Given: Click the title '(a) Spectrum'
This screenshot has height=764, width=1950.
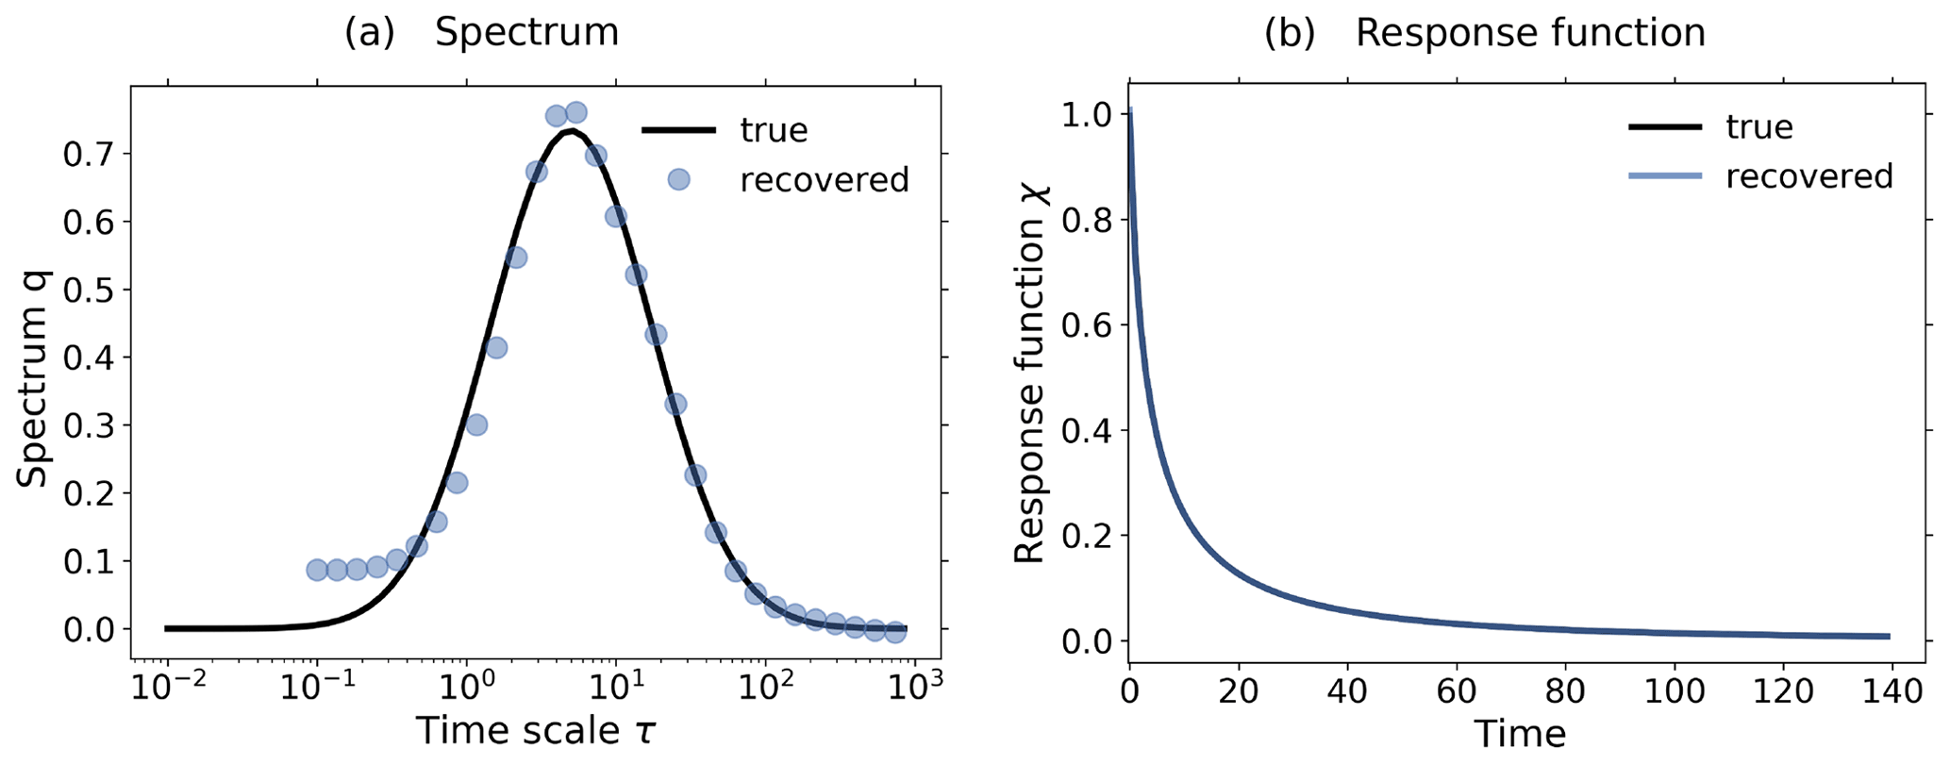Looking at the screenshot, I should [481, 32].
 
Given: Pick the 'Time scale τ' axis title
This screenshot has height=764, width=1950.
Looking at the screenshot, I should [535, 732].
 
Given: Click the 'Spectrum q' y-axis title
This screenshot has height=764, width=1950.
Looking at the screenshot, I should [33, 377].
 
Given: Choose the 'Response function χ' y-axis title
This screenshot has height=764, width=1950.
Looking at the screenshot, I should [1030, 377].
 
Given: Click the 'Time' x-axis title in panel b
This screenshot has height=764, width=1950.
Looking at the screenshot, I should [1520, 734].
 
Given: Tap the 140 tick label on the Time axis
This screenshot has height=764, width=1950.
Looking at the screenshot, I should [1890, 691].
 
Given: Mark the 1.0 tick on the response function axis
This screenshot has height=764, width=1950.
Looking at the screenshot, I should [1086, 115].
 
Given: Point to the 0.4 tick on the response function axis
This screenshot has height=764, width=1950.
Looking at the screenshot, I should [1086, 431].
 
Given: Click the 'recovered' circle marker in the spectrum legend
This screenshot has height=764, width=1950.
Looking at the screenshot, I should [678, 179].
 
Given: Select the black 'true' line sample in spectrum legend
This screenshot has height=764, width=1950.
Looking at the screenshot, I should [678, 129].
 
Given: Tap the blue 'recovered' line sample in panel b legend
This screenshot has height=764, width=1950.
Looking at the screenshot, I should [1665, 176].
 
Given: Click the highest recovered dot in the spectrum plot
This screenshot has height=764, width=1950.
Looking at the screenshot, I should [575, 113].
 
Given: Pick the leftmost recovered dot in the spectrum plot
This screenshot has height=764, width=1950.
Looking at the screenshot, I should [317, 570].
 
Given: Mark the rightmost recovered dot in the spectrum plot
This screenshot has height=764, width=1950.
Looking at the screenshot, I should [895, 632].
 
